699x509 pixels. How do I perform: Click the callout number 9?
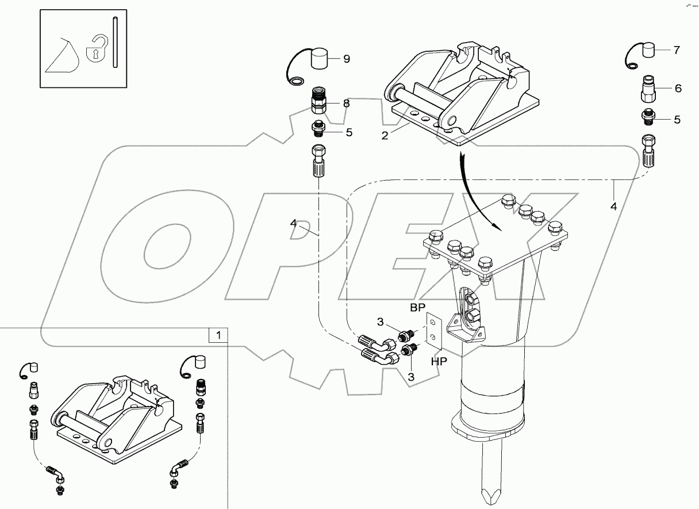click(x=347, y=59)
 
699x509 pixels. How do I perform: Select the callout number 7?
click(x=677, y=50)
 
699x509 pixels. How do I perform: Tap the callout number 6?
click(x=678, y=88)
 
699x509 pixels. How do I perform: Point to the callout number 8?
click(x=346, y=104)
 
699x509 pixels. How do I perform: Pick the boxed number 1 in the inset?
click(x=218, y=334)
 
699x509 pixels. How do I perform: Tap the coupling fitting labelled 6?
click(x=648, y=88)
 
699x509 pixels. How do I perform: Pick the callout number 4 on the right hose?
click(x=613, y=206)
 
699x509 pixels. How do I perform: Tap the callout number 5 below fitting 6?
click(x=677, y=120)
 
